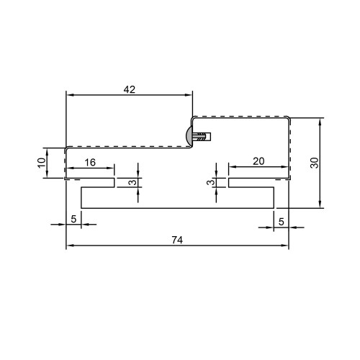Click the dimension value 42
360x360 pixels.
pyautogui.click(x=130, y=89)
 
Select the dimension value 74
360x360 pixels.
pyautogui.click(x=177, y=240)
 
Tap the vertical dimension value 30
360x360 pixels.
pyautogui.click(x=315, y=163)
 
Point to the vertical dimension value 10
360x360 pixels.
pyautogui.click(x=42, y=163)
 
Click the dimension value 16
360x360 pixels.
pyautogui.click(x=90, y=163)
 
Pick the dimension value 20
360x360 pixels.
pyautogui.click(x=258, y=161)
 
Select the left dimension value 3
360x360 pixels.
pyautogui.click(x=132, y=182)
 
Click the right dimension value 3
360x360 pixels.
pyautogui.click(x=211, y=182)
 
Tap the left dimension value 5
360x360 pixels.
pyautogui.click(x=73, y=219)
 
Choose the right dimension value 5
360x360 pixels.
pyautogui.click(x=282, y=222)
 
